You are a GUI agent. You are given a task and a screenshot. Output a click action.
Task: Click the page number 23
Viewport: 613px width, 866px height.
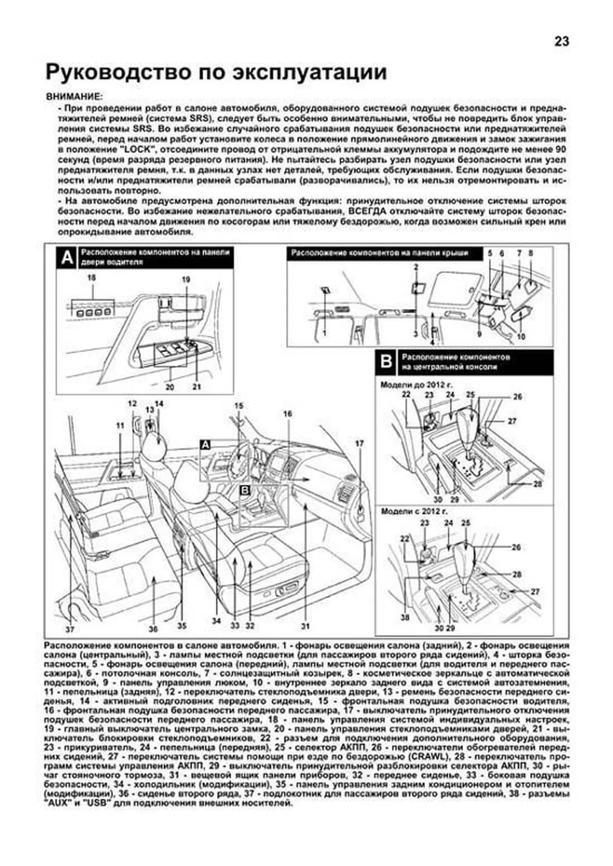(x=561, y=42)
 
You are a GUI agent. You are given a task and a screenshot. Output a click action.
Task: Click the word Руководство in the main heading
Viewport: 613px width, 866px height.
(x=117, y=72)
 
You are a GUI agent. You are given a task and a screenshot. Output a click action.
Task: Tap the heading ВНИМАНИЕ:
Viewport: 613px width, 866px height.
(x=74, y=96)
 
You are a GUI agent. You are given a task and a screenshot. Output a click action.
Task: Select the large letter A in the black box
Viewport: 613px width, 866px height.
(x=67, y=258)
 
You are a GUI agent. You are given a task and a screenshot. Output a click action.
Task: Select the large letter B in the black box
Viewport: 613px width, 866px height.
(x=387, y=362)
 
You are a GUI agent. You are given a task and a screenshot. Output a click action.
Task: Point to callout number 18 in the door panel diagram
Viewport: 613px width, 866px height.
(x=92, y=279)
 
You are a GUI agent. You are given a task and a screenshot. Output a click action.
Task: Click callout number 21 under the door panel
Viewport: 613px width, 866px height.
(x=197, y=387)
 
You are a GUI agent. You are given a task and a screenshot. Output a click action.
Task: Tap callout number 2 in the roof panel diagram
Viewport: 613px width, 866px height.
(x=416, y=266)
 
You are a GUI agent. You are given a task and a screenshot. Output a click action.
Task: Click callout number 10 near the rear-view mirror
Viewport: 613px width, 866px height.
(x=521, y=337)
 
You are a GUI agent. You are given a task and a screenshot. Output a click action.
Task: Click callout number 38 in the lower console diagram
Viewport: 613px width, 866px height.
(x=405, y=617)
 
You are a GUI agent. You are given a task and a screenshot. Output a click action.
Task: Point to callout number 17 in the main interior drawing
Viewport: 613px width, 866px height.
(x=359, y=443)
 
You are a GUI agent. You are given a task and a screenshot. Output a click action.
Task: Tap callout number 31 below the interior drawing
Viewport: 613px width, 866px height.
(x=305, y=626)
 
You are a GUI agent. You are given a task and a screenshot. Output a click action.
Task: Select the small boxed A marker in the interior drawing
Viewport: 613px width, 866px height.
(x=205, y=444)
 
